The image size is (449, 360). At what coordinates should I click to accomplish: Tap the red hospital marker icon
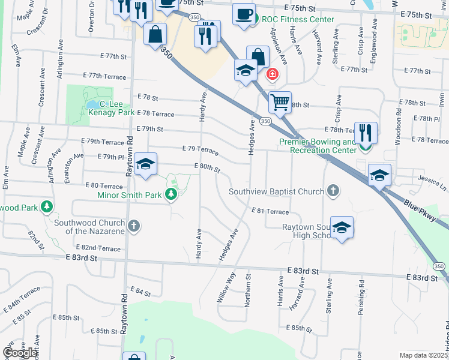[x=273, y=74]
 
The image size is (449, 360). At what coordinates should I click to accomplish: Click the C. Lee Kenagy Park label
[x=111, y=112]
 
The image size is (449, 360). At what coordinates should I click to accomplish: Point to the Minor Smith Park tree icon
[x=172, y=193]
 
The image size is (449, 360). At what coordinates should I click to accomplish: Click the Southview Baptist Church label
[x=276, y=192]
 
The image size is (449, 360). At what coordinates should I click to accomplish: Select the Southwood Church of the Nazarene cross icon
[x=134, y=226]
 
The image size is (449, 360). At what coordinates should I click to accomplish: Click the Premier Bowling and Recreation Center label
[x=318, y=146]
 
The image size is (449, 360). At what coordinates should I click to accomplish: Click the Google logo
[x=21, y=352]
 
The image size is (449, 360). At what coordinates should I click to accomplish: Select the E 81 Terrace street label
[x=270, y=211]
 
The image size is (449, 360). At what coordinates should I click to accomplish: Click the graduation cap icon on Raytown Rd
[x=145, y=165]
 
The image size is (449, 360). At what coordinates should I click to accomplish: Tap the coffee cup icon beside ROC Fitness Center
[x=243, y=14]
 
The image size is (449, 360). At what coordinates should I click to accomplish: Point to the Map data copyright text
[x=423, y=355]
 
